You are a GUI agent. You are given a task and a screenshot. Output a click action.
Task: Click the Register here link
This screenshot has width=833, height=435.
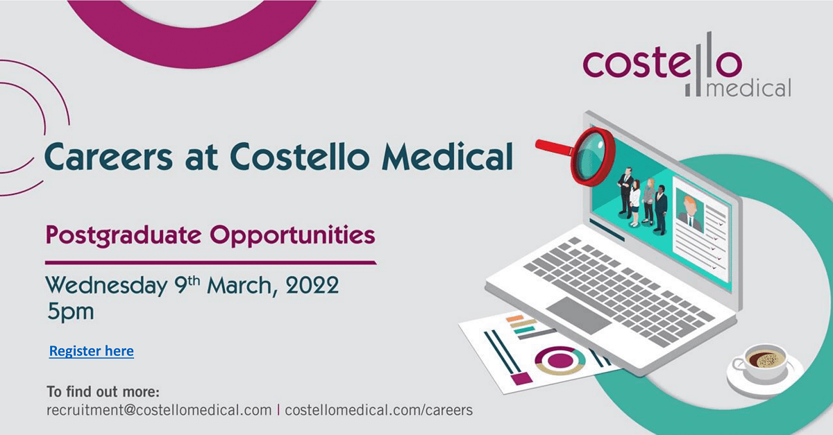point(91,351)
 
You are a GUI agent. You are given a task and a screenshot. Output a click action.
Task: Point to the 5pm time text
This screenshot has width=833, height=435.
point(70,312)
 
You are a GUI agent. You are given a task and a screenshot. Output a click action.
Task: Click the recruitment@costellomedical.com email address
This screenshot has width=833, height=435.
point(159,410)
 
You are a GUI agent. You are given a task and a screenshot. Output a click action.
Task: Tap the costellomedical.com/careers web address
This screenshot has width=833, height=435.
point(378,410)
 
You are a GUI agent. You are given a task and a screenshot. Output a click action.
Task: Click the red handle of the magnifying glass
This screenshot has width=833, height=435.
point(553,144)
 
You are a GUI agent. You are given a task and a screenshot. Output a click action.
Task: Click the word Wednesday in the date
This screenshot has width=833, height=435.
point(106,285)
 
